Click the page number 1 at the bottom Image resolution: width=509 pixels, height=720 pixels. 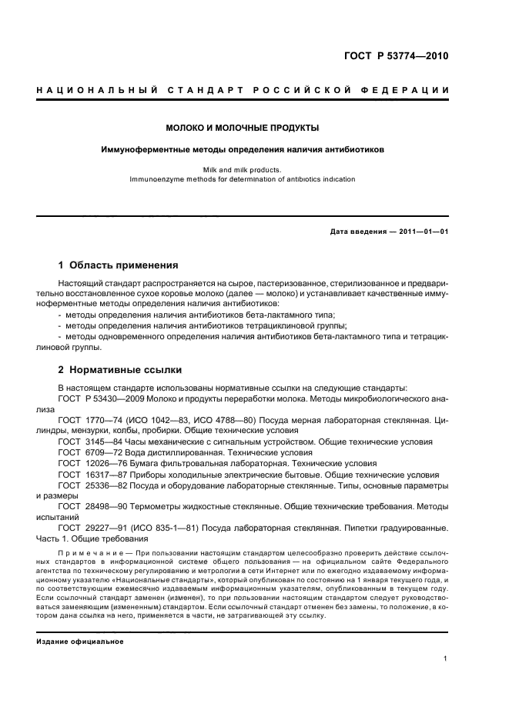click(x=446, y=658)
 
